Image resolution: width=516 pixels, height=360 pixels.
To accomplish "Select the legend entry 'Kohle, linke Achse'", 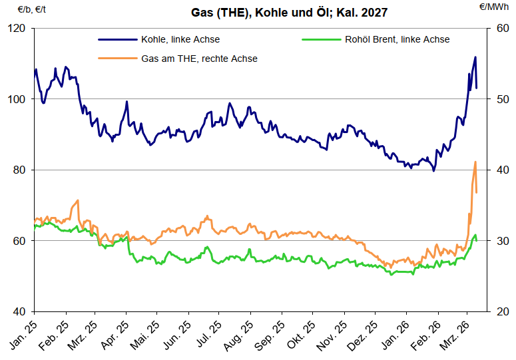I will click(x=180, y=39).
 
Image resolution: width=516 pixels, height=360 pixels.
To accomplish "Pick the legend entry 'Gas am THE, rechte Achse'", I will click(x=199, y=59).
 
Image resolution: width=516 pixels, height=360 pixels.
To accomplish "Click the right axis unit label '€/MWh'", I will click(x=494, y=7).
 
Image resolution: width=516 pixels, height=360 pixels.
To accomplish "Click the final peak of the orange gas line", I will click(x=475, y=162).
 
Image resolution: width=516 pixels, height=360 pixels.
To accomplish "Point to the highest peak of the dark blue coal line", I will click(x=475, y=57).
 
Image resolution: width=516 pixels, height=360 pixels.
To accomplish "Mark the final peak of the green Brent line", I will click(x=475, y=235).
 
